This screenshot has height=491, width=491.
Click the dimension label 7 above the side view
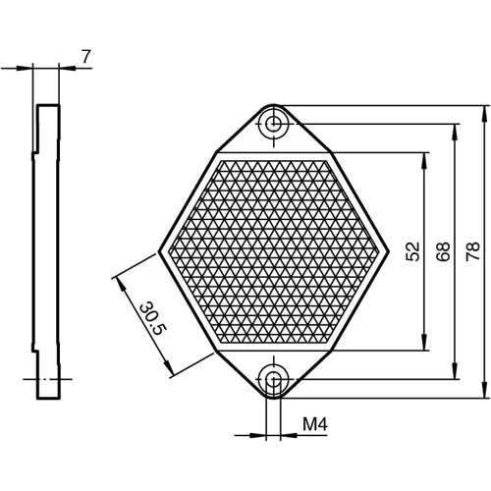[x=85, y=57]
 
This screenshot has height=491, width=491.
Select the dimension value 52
[x=412, y=251]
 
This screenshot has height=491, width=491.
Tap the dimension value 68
[x=443, y=251]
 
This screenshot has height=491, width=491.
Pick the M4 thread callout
[x=313, y=425]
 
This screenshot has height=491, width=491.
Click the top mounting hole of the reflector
[x=274, y=123]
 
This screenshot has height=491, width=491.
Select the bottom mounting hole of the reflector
[x=274, y=380]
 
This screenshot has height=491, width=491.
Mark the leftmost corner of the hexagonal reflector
[x=160, y=251]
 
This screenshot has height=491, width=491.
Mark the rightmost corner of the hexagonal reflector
[x=388, y=251]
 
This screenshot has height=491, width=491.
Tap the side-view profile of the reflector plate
[x=46, y=251]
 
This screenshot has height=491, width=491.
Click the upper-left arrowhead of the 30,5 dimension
[x=120, y=281]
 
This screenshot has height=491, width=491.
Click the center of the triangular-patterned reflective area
[x=274, y=251]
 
